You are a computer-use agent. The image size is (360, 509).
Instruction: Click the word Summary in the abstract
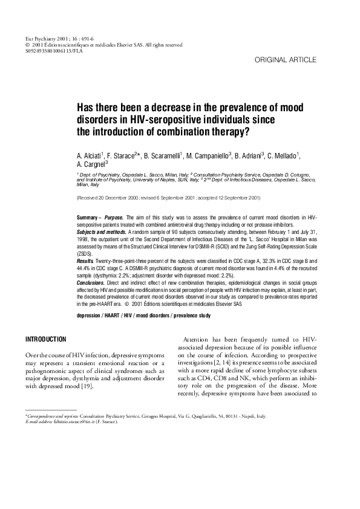88,216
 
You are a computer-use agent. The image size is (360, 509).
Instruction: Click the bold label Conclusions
93,282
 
